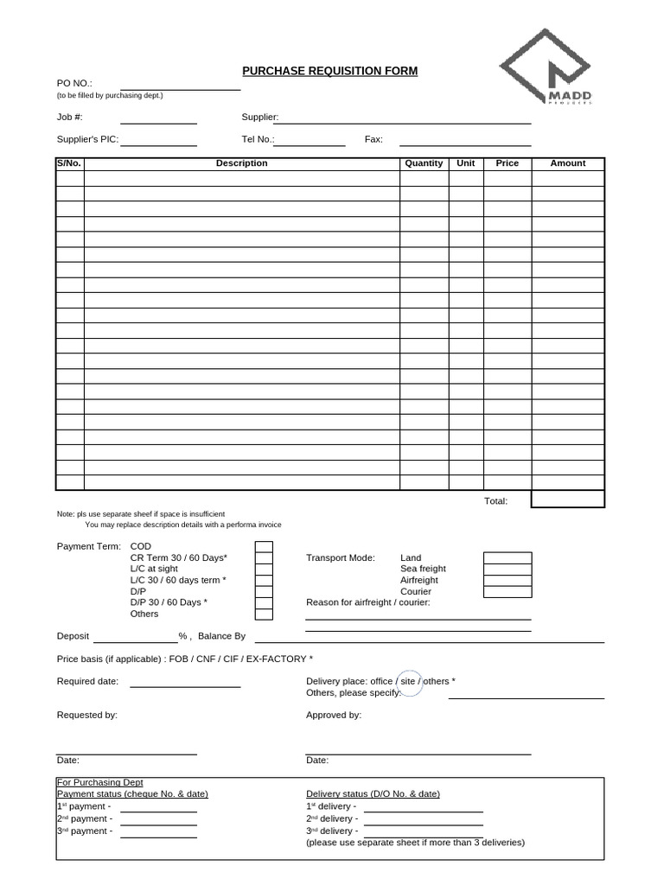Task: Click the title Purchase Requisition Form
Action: [329, 71]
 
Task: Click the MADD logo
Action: [545, 67]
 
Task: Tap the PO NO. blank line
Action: [180, 88]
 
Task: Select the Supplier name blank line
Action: [402, 122]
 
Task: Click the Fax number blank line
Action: [464, 144]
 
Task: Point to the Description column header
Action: [241, 163]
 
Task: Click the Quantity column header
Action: [424, 163]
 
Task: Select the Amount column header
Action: [567, 163]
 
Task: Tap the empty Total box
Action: [567, 500]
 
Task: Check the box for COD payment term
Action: [264, 546]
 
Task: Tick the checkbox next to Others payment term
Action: [264, 614]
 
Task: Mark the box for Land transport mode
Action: [507, 557]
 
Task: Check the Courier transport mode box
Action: [507, 591]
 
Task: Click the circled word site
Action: [409, 681]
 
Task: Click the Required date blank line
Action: [185, 686]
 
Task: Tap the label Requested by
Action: [87, 716]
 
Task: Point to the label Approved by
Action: [334, 716]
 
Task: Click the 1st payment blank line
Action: [158, 811]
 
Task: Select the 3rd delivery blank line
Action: [423, 836]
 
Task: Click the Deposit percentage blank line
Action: [135, 641]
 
